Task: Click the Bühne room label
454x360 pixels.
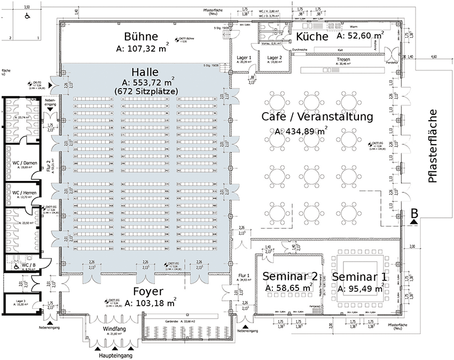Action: coord(140,37)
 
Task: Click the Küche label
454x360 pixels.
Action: coord(311,36)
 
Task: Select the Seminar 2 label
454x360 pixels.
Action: coord(289,276)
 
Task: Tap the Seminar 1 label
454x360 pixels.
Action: coord(359,277)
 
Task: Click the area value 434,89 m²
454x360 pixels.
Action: coord(301,131)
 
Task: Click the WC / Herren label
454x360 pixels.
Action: coord(25,192)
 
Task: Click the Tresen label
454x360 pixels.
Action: coord(343,59)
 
